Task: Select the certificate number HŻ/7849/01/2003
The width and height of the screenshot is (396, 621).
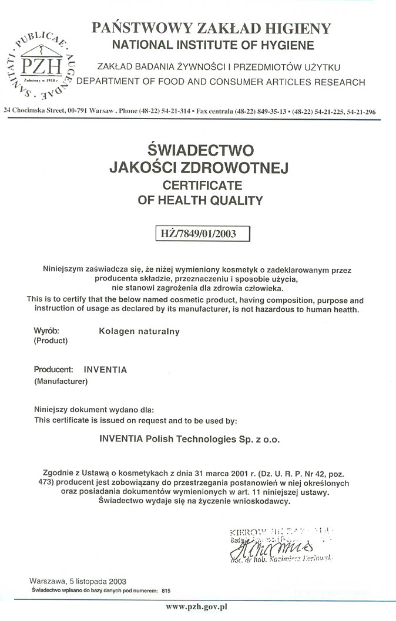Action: [x=199, y=234]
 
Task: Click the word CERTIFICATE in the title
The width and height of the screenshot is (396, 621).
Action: [x=199, y=185]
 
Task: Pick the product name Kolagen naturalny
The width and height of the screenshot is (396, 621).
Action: [x=140, y=332]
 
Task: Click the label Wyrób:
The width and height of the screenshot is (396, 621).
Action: [x=46, y=330]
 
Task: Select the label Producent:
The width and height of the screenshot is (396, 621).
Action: [x=53, y=370]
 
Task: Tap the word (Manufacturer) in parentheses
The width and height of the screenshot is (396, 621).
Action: [x=61, y=382]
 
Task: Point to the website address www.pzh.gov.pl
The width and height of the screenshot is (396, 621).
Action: [x=197, y=606]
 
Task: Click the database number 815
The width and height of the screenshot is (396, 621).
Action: [x=166, y=590]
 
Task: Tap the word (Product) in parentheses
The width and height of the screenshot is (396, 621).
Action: [x=51, y=340]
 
